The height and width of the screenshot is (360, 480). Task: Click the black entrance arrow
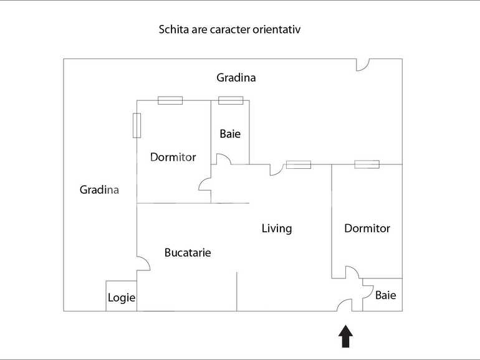click(x=345, y=336)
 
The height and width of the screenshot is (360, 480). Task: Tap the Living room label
click(x=276, y=229)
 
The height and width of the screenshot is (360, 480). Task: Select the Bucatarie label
click(x=188, y=253)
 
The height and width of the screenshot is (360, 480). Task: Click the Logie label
click(x=122, y=298)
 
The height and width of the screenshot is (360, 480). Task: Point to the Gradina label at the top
click(x=236, y=78)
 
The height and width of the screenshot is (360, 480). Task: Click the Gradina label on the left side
click(x=99, y=190)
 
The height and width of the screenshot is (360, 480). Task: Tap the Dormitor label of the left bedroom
click(x=173, y=157)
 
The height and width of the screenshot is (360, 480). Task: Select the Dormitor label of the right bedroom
click(x=367, y=229)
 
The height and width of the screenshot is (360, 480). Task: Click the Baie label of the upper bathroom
click(x=229, y=134)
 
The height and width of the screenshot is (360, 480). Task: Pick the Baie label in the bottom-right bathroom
click(x=385, y=295)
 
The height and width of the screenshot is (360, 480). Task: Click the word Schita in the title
click(x=173, y=29)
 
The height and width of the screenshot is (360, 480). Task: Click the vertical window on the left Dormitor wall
click(x=137, y=125)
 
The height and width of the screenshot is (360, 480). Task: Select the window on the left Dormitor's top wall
click(x=170, y=100)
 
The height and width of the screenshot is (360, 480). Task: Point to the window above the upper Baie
click(x=230, y=100)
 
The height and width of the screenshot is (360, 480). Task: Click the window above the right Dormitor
click(x=367, y=164)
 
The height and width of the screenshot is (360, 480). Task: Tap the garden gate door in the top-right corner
click(x=362, y=65)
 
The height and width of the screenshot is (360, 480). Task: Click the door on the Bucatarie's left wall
click(x=143, y=263)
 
